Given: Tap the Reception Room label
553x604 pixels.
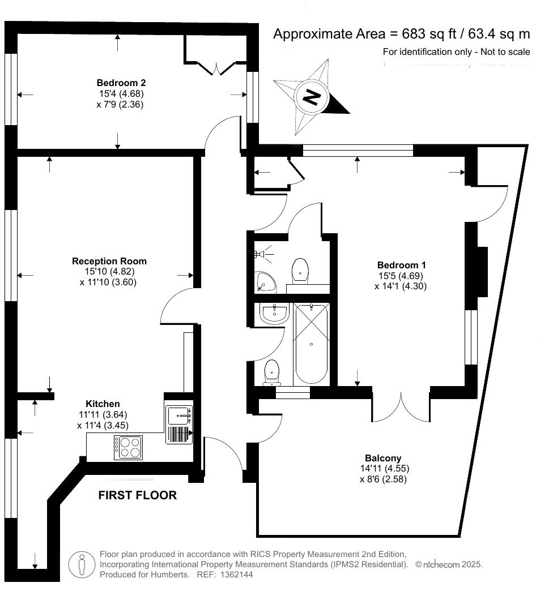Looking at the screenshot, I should coord(109,261).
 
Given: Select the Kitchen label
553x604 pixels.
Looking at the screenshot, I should coord(103,404).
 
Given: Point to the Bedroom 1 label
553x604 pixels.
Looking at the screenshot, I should coord(401,265).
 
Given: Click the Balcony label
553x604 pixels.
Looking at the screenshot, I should coord(383,458).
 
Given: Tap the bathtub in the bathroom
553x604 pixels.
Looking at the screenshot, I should coord(311,344).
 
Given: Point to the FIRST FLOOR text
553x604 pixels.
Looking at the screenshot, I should coord(137,495).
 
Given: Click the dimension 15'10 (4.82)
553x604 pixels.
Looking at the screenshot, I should coord(109,272).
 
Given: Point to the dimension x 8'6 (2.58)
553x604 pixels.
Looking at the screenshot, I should coord(383,479).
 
